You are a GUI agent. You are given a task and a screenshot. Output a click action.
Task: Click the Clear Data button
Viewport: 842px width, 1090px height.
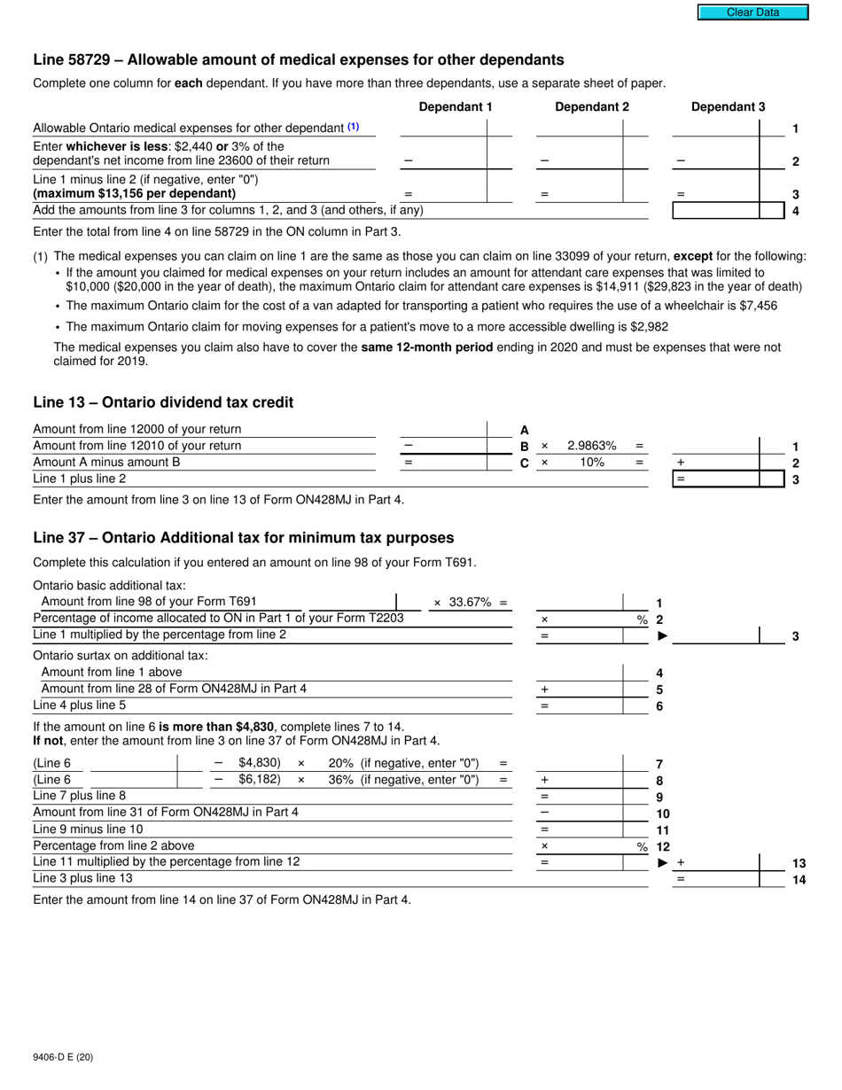tap(752, 12)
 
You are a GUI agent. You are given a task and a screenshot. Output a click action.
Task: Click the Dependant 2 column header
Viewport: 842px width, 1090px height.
tap(591, 107)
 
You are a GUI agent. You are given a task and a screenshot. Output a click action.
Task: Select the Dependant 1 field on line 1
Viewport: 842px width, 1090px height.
tap(442, 128)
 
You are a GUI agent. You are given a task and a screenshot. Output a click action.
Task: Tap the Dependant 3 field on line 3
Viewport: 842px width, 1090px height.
tap(715, 193)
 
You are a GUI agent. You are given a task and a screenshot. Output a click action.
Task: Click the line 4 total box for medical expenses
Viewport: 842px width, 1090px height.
tap(715, 211)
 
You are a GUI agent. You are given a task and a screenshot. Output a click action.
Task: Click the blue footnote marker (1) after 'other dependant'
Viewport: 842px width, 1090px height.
tap(354, 128)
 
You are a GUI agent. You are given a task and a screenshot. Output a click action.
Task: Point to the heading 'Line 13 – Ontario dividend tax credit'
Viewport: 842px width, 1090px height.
tap(163, 402)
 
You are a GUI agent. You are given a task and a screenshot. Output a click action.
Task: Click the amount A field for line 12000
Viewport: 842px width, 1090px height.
tap(442, 430)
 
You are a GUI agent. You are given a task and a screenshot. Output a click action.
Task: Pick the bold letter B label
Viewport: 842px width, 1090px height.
tap(524, 447)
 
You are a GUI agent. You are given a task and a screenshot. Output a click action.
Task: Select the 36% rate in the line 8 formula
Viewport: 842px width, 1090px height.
tap(339, 780)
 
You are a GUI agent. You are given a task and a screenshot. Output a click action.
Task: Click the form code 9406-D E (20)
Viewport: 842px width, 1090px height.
tap(63, 1057)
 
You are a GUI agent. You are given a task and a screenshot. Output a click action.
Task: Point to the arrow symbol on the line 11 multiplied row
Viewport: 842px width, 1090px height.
tap(663, 862)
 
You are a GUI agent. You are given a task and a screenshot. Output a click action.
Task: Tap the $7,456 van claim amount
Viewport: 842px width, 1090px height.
tap(753, 306)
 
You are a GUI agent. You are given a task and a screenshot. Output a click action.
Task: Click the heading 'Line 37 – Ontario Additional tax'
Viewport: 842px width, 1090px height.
tap(243, 538)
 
